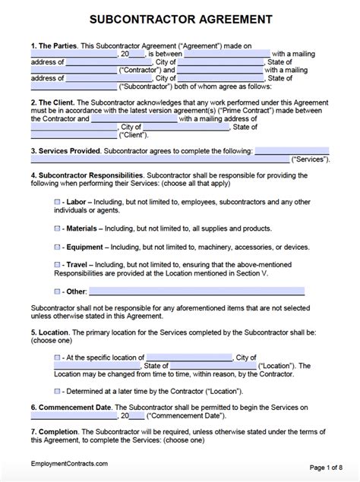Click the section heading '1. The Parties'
pos(55,46)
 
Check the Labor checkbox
pos(58,203)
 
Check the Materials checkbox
pos(58,228)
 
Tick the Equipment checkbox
pos(58,247)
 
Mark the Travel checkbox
pos(58,264)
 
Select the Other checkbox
pos(58,291)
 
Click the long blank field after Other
pos(197,291)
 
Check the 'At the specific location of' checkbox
pos(58,357)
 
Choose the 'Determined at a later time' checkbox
pos(58,391)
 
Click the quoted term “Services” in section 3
pos(311,159)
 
